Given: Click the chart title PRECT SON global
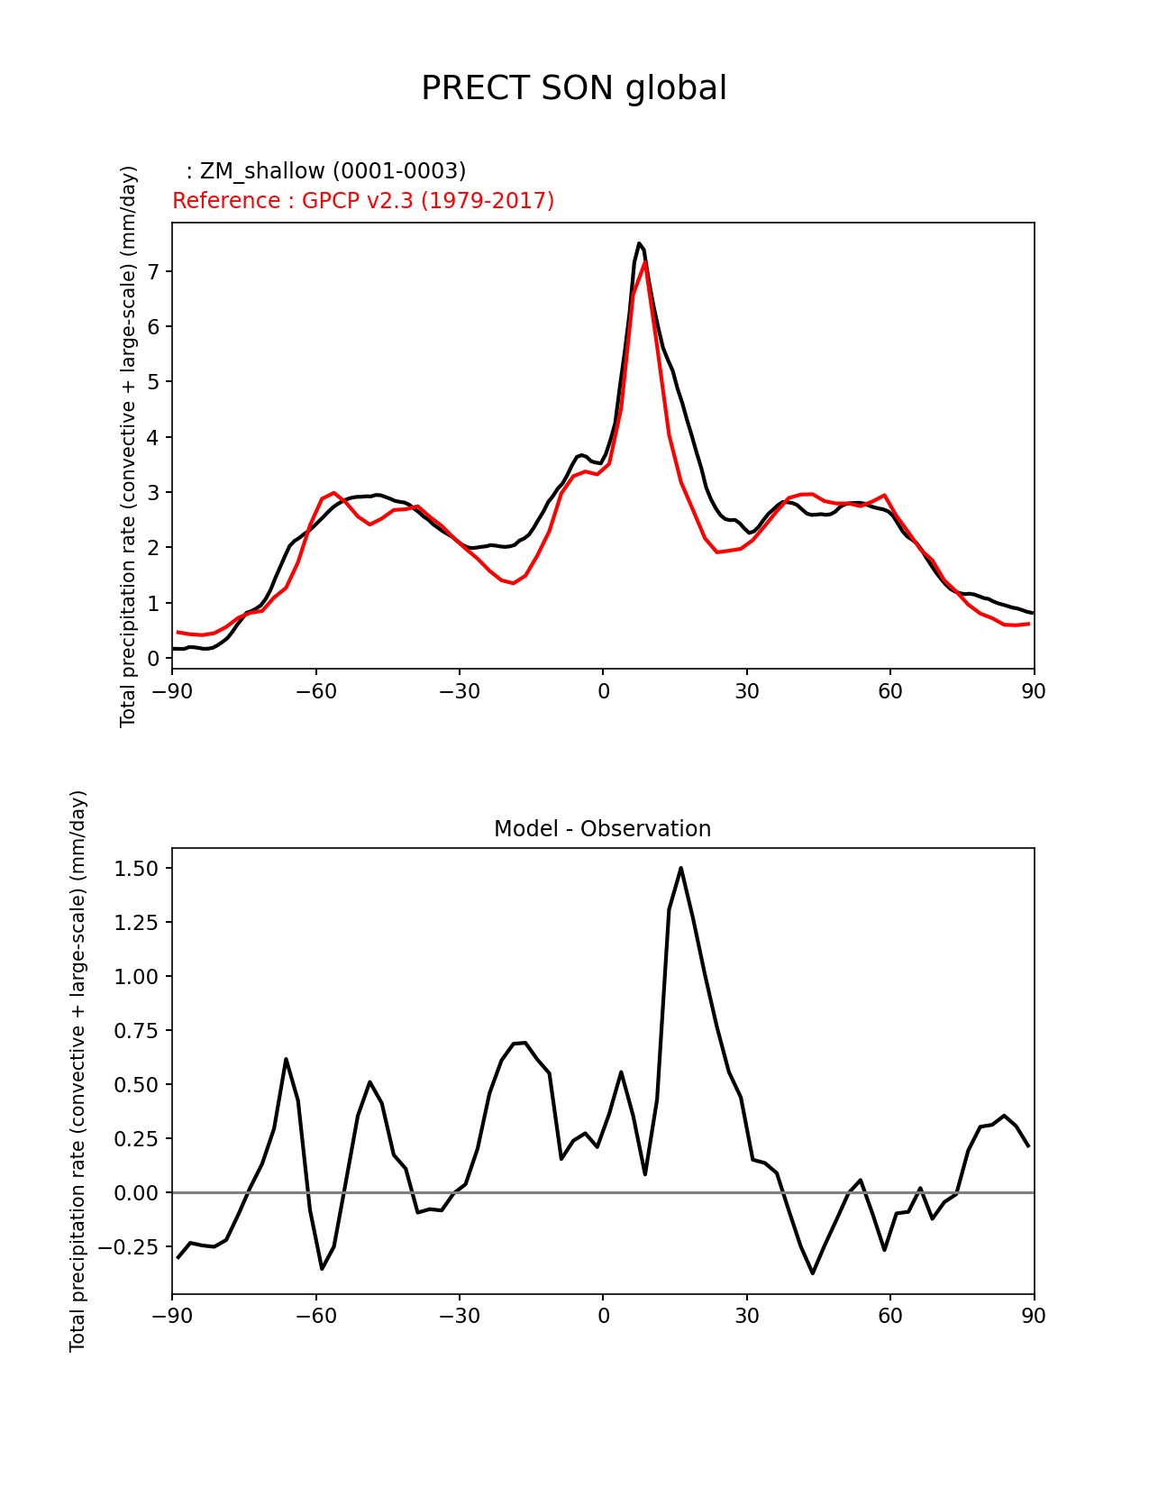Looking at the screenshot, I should pyautogui.click(x=574, y=88).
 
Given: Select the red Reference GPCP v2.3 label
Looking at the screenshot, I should pyautogui.click(x=363, y=201).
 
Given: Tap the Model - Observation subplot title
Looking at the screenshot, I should pyautogui.click(x=602, y=829).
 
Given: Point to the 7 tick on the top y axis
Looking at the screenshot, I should pyautogui.click(x=154, y=271).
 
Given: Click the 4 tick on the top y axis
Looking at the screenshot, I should pyautogui.click(x=154, y=437).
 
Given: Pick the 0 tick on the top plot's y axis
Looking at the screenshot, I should pyautogui.click(x=154, y=659).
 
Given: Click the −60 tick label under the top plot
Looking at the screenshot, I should pyautogui.click(x=315, y=691).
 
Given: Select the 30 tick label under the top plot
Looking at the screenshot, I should pyautogui.click(x=746, y=691).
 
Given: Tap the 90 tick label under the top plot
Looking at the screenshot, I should pyautogui.click(x=1034, y=691).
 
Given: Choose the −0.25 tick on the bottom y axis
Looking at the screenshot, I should pyautogui.click(x=132, y=1246).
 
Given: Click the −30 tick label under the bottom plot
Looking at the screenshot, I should pyautogui.click(x=459, y=1316).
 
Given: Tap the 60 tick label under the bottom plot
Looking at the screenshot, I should pyautogui.click(x=890, y=1316).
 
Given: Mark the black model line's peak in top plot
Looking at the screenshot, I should pyautogui.click(x=639, y=243).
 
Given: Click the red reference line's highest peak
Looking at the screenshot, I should pyautogui.click(x=644, y=262).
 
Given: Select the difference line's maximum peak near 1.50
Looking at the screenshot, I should pyautogui.click(x=680, y=868).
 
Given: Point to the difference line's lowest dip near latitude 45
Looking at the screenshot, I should pyautogui.click(x=812, y=1273).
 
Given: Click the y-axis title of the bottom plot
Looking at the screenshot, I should pyautogui.click(x=78, y=1071).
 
